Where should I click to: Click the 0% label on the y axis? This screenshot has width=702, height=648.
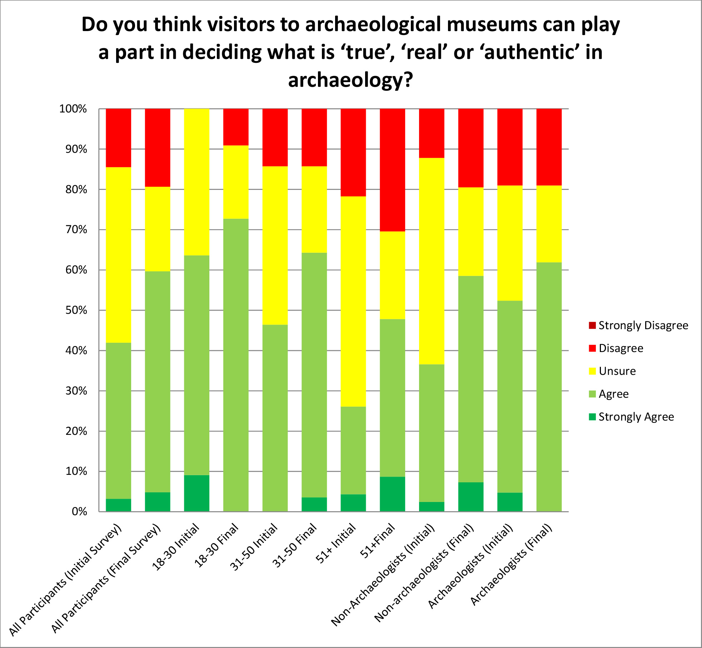click(79, 512)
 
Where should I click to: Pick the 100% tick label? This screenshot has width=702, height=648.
click(73, 109)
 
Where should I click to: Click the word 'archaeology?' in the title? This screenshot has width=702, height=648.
click(350, 80)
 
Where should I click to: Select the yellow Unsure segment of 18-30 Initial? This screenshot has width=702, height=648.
click(196, 182)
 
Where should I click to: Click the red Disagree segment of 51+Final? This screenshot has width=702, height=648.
click(392, 170)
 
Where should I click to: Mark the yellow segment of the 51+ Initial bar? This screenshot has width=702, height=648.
click(353, 301)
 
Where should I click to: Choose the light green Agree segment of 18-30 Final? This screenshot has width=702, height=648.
click(236, 365)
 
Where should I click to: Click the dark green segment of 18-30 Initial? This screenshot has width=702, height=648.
click(196, 493)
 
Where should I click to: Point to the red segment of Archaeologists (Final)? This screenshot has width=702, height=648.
click(549, 147)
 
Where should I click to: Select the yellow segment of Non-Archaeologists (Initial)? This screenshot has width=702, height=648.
click(432, 261)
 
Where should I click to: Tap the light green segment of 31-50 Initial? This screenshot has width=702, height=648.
click(275, 418)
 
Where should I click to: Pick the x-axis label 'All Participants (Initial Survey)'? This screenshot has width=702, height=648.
click(66, 580)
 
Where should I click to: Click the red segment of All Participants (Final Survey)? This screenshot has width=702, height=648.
click(158, 148)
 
